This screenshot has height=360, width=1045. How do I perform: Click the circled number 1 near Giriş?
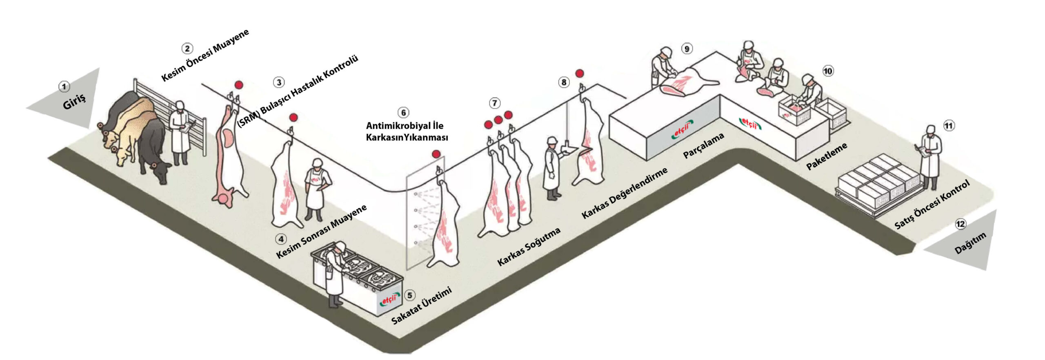(x=64, y=87)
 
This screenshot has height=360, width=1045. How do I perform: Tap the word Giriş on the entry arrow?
(x=74, y=101)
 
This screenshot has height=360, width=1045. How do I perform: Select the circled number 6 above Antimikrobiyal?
(x=403, y=113)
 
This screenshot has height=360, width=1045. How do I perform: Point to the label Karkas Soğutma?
(x=529, y=247)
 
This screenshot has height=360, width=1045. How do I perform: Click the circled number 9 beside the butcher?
(x=687, y=49)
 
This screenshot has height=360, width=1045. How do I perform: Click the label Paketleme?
(x=827, y=156)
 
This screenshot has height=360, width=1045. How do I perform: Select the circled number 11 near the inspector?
(x=949, y=126)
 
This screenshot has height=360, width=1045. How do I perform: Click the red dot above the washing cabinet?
(x=436, y=154)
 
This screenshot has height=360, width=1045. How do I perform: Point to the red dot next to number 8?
(x=579, y=73)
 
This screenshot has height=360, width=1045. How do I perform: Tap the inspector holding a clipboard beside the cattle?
(x=180, y=133)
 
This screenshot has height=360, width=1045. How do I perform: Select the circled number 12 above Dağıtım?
(x=961, y=224)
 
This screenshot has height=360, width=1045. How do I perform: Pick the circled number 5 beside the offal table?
(x=410, y=295)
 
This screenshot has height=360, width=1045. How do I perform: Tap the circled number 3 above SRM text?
(x=279, y=82)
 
